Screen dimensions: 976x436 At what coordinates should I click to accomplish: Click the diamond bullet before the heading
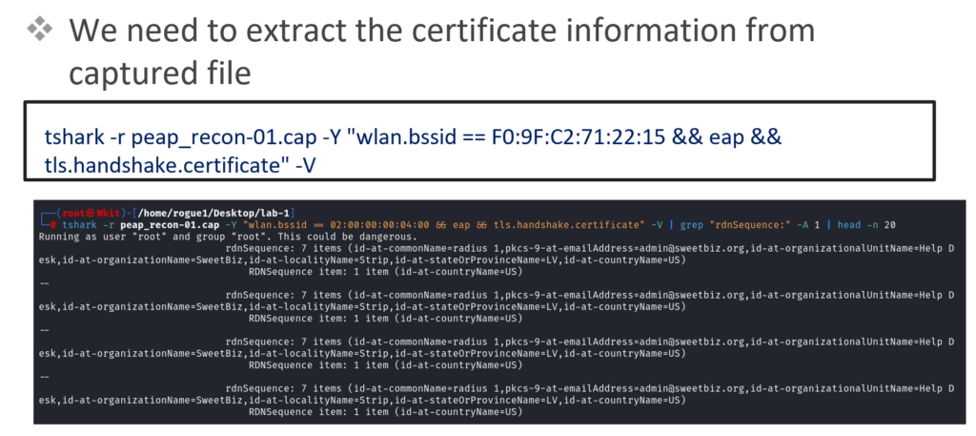pos(40,31)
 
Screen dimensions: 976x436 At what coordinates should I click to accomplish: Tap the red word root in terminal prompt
pos(72,213)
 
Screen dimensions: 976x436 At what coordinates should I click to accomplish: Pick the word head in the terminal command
pos(847,225)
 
